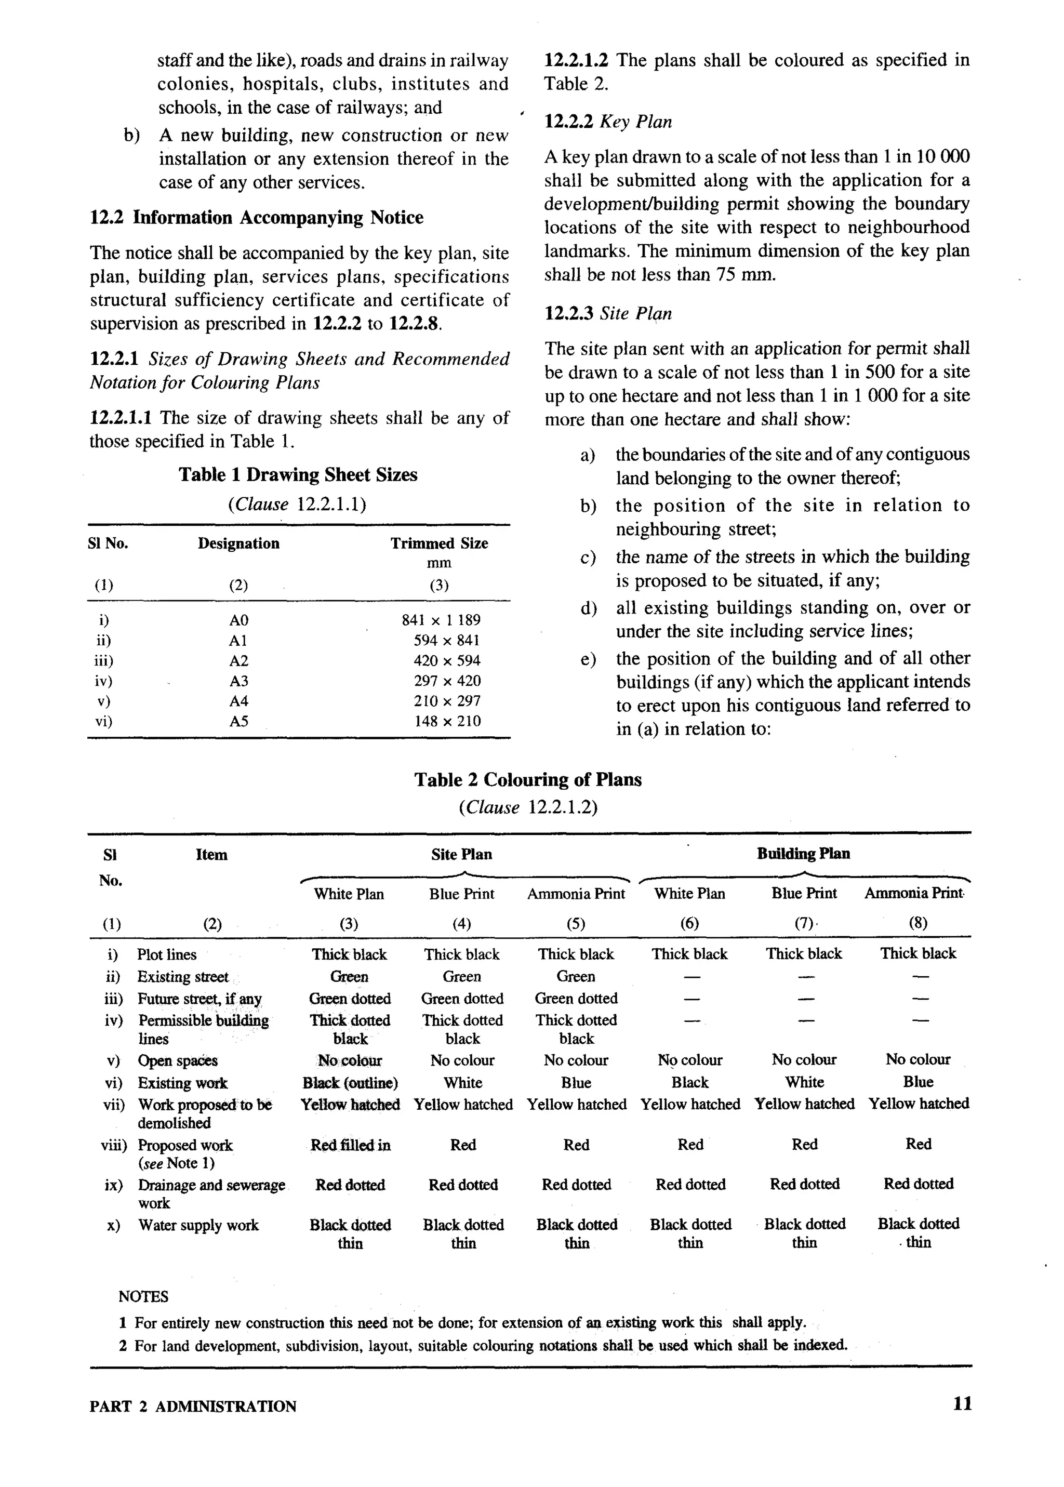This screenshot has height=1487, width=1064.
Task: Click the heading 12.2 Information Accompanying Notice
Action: pyautogui.click(x=256, y=218)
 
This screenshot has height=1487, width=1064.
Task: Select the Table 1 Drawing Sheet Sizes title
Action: pyautogui.click(x=298, y=474)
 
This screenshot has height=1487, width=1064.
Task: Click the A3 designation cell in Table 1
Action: pyautogui.click(x=238, y=681)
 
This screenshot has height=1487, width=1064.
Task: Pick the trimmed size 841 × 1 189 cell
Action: pyautogui.click(x=441, y=620)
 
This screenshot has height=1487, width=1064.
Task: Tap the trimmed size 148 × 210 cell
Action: pyautogui.click(x=447, y=721)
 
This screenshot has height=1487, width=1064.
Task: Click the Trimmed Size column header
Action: pyautogui.click(x=439, y=543)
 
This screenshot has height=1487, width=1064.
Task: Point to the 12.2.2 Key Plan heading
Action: pyautogui.click(x=608, y=122)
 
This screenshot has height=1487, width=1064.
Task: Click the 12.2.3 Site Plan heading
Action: pyautogui.click(x=608, y=313)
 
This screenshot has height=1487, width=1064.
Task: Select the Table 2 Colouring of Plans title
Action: pyautogui.click(x=527, y=779)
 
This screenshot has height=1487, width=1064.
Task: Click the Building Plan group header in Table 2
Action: pyautogui.click(x=803, y=854)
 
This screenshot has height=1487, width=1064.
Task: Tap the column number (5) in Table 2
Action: pyautogui.click(x=575, y=924)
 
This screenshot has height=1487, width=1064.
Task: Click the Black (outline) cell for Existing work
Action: pyautogui.click(x=350, y=1083)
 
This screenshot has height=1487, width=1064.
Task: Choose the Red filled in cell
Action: pyautogui.click(x=350, y=1145)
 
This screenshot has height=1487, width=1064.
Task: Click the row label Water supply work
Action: pyautogui.click(x=198, y=1225)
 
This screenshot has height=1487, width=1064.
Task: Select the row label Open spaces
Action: pyautogui.click(x=177, y=1060)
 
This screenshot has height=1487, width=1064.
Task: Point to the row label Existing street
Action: pyautogui.click(x=182, y=977)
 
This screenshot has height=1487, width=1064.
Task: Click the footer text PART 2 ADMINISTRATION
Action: pyautogui.click(x=193, y=1406)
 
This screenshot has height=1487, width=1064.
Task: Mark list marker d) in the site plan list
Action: pyautogui.click(x=588, y=608)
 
